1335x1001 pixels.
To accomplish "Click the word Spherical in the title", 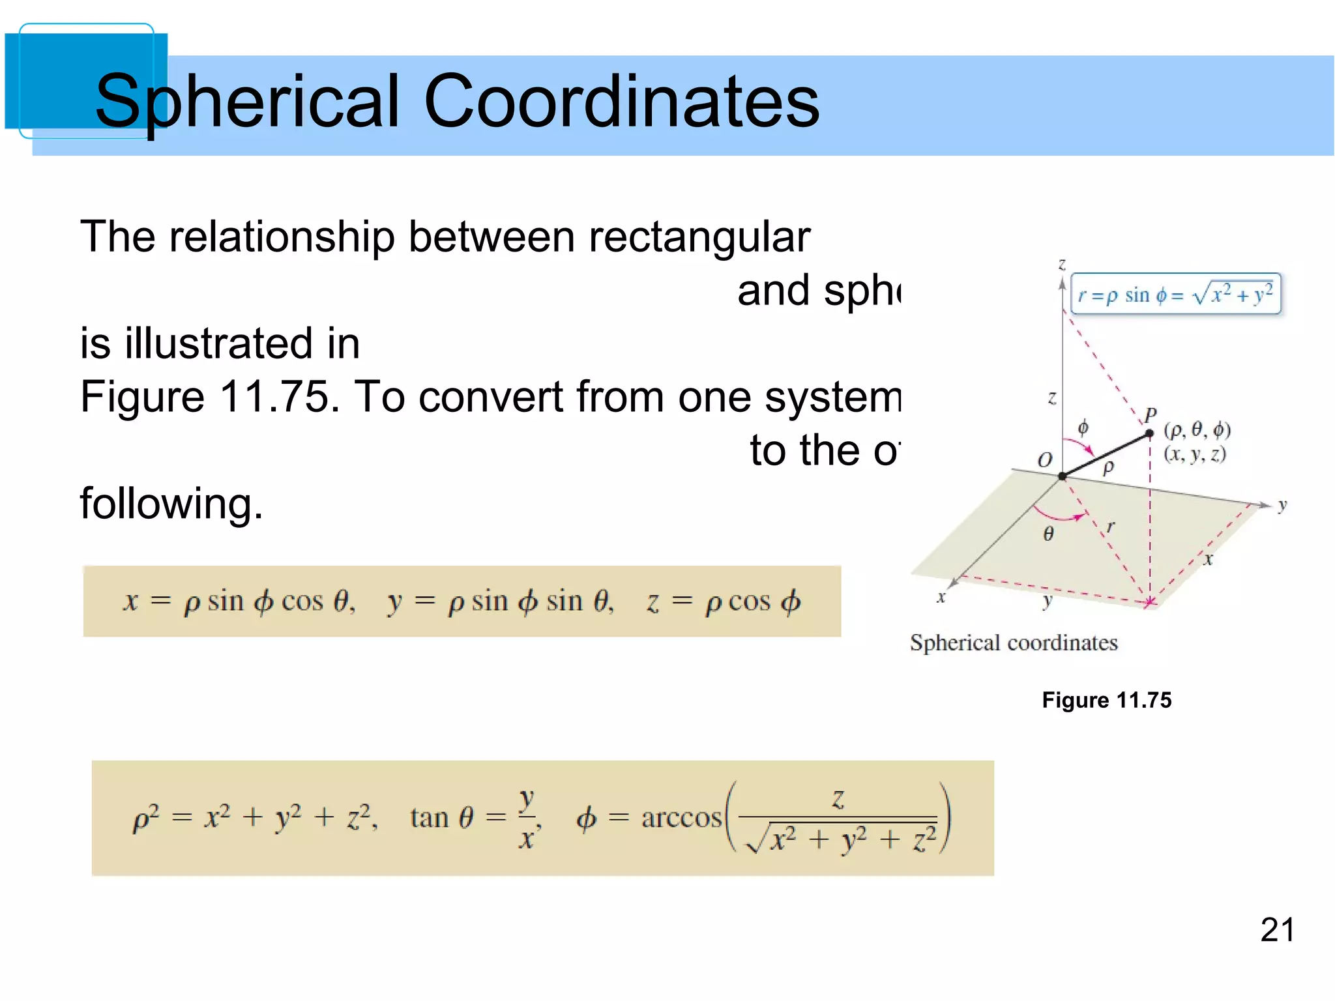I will coord(246,102).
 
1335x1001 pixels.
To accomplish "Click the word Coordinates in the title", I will coord(621,102).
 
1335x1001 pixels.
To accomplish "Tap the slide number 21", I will coord(1277,929).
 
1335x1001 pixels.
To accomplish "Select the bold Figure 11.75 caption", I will coord(1106,700).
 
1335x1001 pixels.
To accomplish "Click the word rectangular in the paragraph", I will coord(699,237).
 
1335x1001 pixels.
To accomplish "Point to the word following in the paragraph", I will coord(171,504).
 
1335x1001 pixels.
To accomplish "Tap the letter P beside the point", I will coord(1151,414).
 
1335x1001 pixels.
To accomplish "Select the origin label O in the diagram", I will coord(1045,460).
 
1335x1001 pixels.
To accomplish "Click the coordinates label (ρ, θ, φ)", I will coord(1197,430).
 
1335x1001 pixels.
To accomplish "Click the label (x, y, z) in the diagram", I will coord(1195,454).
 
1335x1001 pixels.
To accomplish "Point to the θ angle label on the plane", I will coord(1048,534).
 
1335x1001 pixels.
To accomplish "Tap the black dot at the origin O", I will coord(1063,476).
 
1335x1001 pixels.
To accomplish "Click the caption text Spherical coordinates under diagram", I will coord(1014,643).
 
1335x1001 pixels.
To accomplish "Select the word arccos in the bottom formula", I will coord(681,817).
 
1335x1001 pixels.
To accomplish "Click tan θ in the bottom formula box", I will coord(441,817).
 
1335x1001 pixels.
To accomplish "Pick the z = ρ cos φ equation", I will coord(724,602).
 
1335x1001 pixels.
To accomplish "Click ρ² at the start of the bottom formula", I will coord(145,819).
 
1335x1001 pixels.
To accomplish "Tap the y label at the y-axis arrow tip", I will coord(1282,505).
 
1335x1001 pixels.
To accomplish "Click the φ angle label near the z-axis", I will coord(1083,428).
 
